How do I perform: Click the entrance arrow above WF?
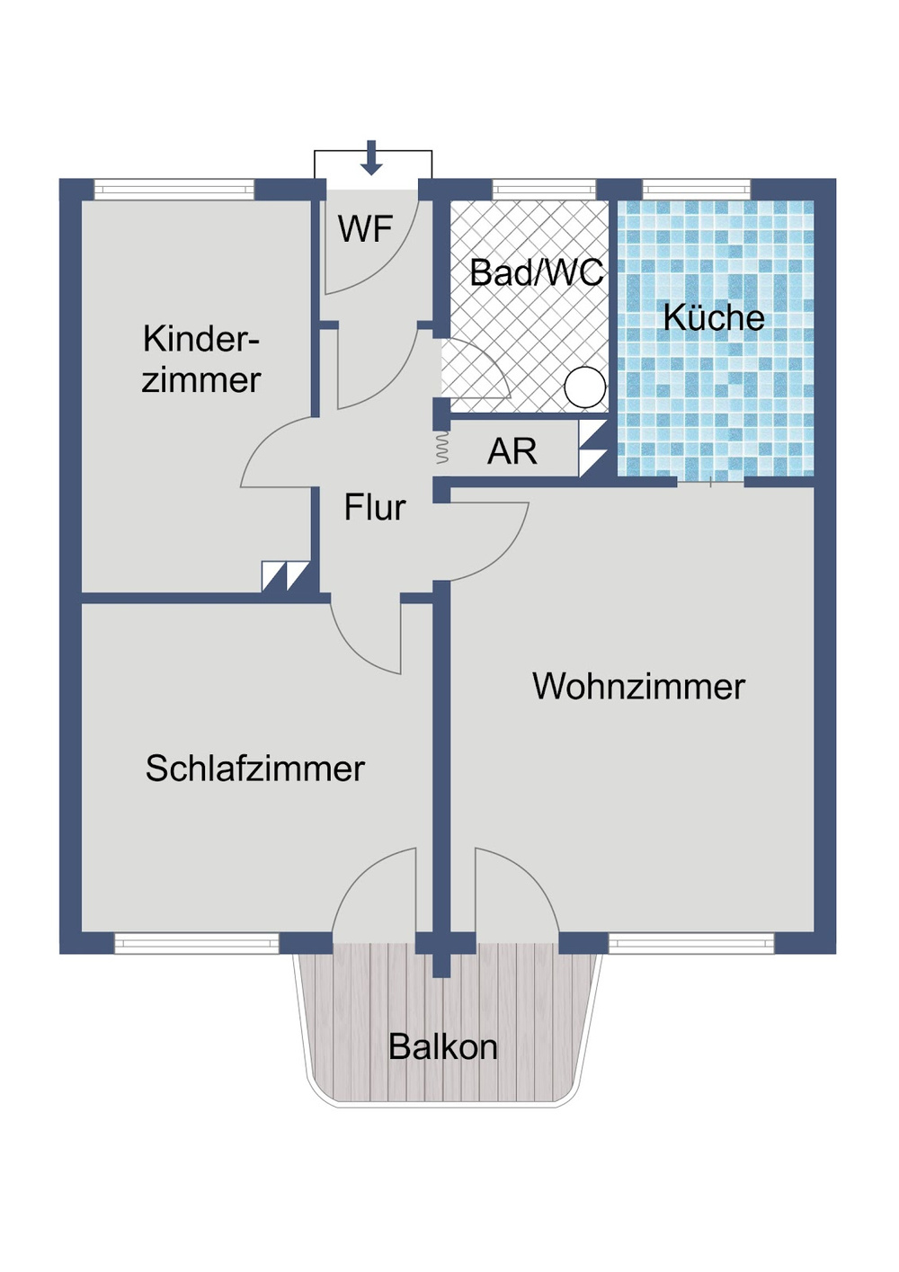tap(371, 158)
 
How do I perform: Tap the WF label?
tap(365, 229)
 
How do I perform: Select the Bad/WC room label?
tap(536, 272)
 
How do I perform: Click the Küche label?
tap(714, 317)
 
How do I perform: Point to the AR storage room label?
tap(512, 451)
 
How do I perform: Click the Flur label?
tap(374, 508)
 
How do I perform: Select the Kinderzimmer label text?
tap(201, 360)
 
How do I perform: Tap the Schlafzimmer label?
tap(254, 769)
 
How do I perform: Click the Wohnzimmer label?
tap(638, 687)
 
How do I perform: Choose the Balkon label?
tap(442, 1047)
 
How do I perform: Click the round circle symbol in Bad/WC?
tap(585, 388)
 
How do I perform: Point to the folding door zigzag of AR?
tap(441, 448)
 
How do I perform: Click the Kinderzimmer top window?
tap(174, 190)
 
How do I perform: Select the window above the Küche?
tap(697, 190)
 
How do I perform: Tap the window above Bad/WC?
tap(544, 190)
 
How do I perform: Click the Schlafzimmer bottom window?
tap(196, 943)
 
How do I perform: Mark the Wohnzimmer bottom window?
tap(691, 943)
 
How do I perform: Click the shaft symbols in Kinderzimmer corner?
tap(286, 576)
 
